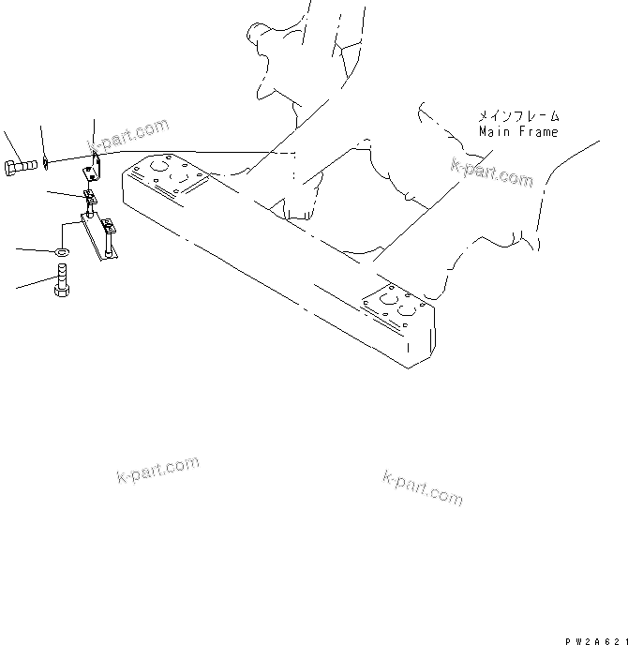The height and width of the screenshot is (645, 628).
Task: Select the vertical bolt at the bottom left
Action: point(63,280)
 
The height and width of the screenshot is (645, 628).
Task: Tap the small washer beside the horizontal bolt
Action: point(46,166)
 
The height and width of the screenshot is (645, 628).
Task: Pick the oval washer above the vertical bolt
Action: point(61,252)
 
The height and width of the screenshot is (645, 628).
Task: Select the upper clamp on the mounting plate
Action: point(91,199)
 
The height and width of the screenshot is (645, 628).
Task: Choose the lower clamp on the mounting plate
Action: point(108,226)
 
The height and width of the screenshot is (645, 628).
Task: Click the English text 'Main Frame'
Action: point(517,132)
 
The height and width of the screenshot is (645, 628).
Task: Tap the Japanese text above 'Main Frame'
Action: point(517,116)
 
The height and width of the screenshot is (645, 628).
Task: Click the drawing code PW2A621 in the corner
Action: point(594,637)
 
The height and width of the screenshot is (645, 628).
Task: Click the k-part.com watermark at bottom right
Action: point(423,487)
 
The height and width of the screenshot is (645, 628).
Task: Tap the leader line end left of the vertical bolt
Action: point(17,286)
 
